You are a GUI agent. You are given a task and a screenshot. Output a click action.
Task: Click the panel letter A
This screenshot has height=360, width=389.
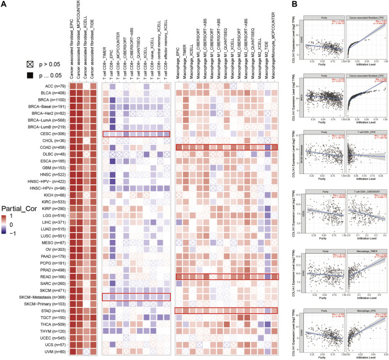click(4, 4)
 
